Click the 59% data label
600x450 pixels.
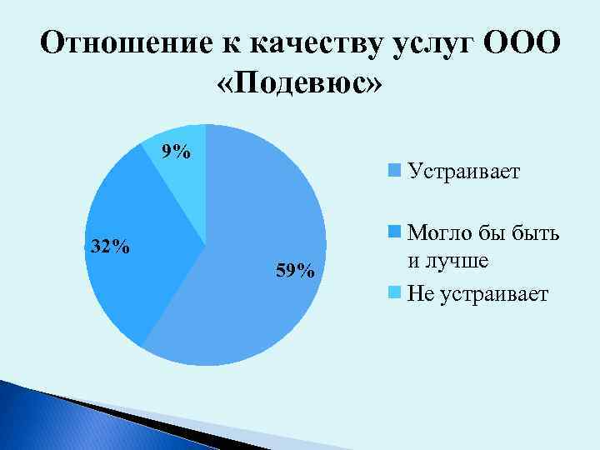(x=294, y=270)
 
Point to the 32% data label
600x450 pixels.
(x=110, y=247)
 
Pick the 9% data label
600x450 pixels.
(x=176, y=152)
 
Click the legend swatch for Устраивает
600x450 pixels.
(x=395, y=172)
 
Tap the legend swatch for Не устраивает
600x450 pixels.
(x=395, y=293)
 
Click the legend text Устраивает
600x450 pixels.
(x=463, y=172)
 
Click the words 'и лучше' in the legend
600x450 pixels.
(x=447, y=261)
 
